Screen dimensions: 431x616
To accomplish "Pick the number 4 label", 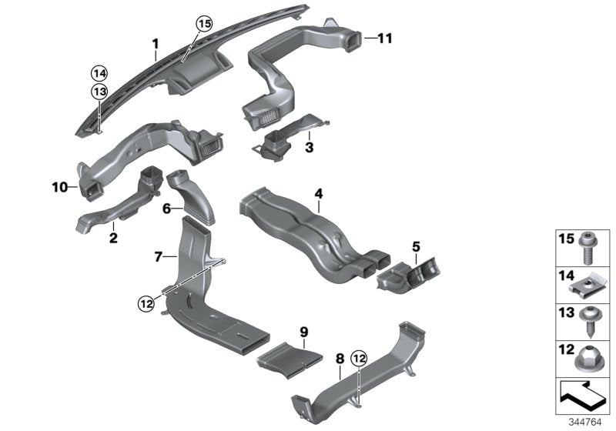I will (x=317, y=194).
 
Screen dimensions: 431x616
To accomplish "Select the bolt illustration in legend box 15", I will (x=584, y=247).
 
